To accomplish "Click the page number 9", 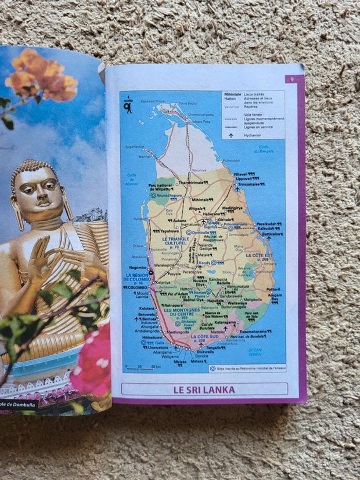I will click(x=292, y=79).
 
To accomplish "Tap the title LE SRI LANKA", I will click(x=204, y=389).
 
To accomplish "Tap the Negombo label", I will click(x=137, y=268).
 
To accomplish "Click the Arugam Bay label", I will click(x=275, y=297).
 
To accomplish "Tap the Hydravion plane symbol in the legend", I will click(x=231, y=135).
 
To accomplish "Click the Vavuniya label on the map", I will click(x=199, y=170).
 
